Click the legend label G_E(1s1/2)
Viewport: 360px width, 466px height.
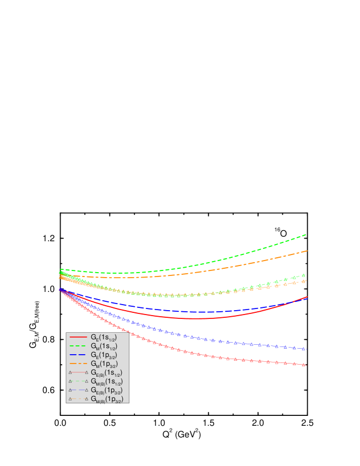coord(103,338)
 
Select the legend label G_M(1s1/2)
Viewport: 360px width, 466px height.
coord(103,346)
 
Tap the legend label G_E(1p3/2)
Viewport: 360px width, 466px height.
coord(103,355)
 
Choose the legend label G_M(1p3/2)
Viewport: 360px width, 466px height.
coord(103,364)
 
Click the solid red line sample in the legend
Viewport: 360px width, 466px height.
coord(78,337)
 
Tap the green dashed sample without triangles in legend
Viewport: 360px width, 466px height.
coord(78,345)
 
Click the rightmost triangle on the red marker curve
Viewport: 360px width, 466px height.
coord(304,365)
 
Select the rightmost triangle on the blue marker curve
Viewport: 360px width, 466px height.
coord(304,349)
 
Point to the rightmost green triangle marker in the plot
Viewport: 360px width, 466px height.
coord(304,275)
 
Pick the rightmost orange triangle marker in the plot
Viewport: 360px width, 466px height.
coord(304,281)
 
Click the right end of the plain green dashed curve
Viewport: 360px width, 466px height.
coord(306,235)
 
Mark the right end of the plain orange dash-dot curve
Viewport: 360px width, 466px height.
coord(307,251)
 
